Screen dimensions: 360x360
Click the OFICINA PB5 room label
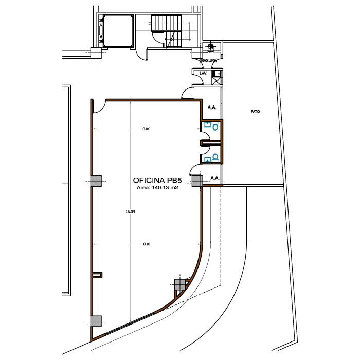[157, 180]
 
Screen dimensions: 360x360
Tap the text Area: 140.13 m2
[157, 188]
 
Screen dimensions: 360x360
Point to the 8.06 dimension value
[146, 129]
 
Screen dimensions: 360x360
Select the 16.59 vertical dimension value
[131, 212]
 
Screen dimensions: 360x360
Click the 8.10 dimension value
[147, 244]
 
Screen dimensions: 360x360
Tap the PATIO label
[255, 112]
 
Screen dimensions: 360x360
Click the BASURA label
[209, 61]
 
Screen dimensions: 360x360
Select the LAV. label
[204, 74]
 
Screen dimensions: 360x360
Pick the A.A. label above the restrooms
[212, 107]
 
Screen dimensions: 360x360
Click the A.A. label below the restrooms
[215, 178]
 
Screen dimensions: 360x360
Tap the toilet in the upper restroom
[215, 126]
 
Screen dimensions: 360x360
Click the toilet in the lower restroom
[215, 157]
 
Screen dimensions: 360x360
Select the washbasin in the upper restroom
[208, 124]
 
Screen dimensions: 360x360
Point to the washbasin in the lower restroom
[208, 159]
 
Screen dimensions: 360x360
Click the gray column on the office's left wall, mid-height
[96, 181]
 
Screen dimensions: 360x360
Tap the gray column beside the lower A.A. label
[197, 181]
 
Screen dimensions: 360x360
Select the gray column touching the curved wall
[180, 284]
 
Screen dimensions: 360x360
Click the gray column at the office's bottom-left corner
[96, 321]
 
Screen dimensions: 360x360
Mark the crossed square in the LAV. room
[216, 81]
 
